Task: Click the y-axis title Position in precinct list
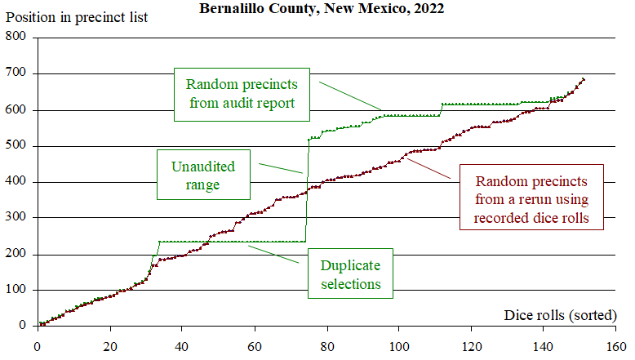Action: point(75,17)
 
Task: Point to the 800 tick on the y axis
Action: point(16,38)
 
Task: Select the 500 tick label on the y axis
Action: point(16,146)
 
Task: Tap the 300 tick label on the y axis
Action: point(16,218)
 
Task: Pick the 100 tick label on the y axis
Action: point(16,290)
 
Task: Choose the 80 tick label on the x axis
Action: point(326,344)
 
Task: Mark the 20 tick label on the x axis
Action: point(109,344)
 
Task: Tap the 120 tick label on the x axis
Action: point(471,344)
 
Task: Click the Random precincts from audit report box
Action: point(242,94)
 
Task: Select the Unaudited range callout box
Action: point(202,176)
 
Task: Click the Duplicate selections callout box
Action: point(350,274)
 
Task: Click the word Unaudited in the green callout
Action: point(202,167)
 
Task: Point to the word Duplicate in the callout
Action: point(350,265)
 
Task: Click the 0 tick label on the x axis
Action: point(37,344)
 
